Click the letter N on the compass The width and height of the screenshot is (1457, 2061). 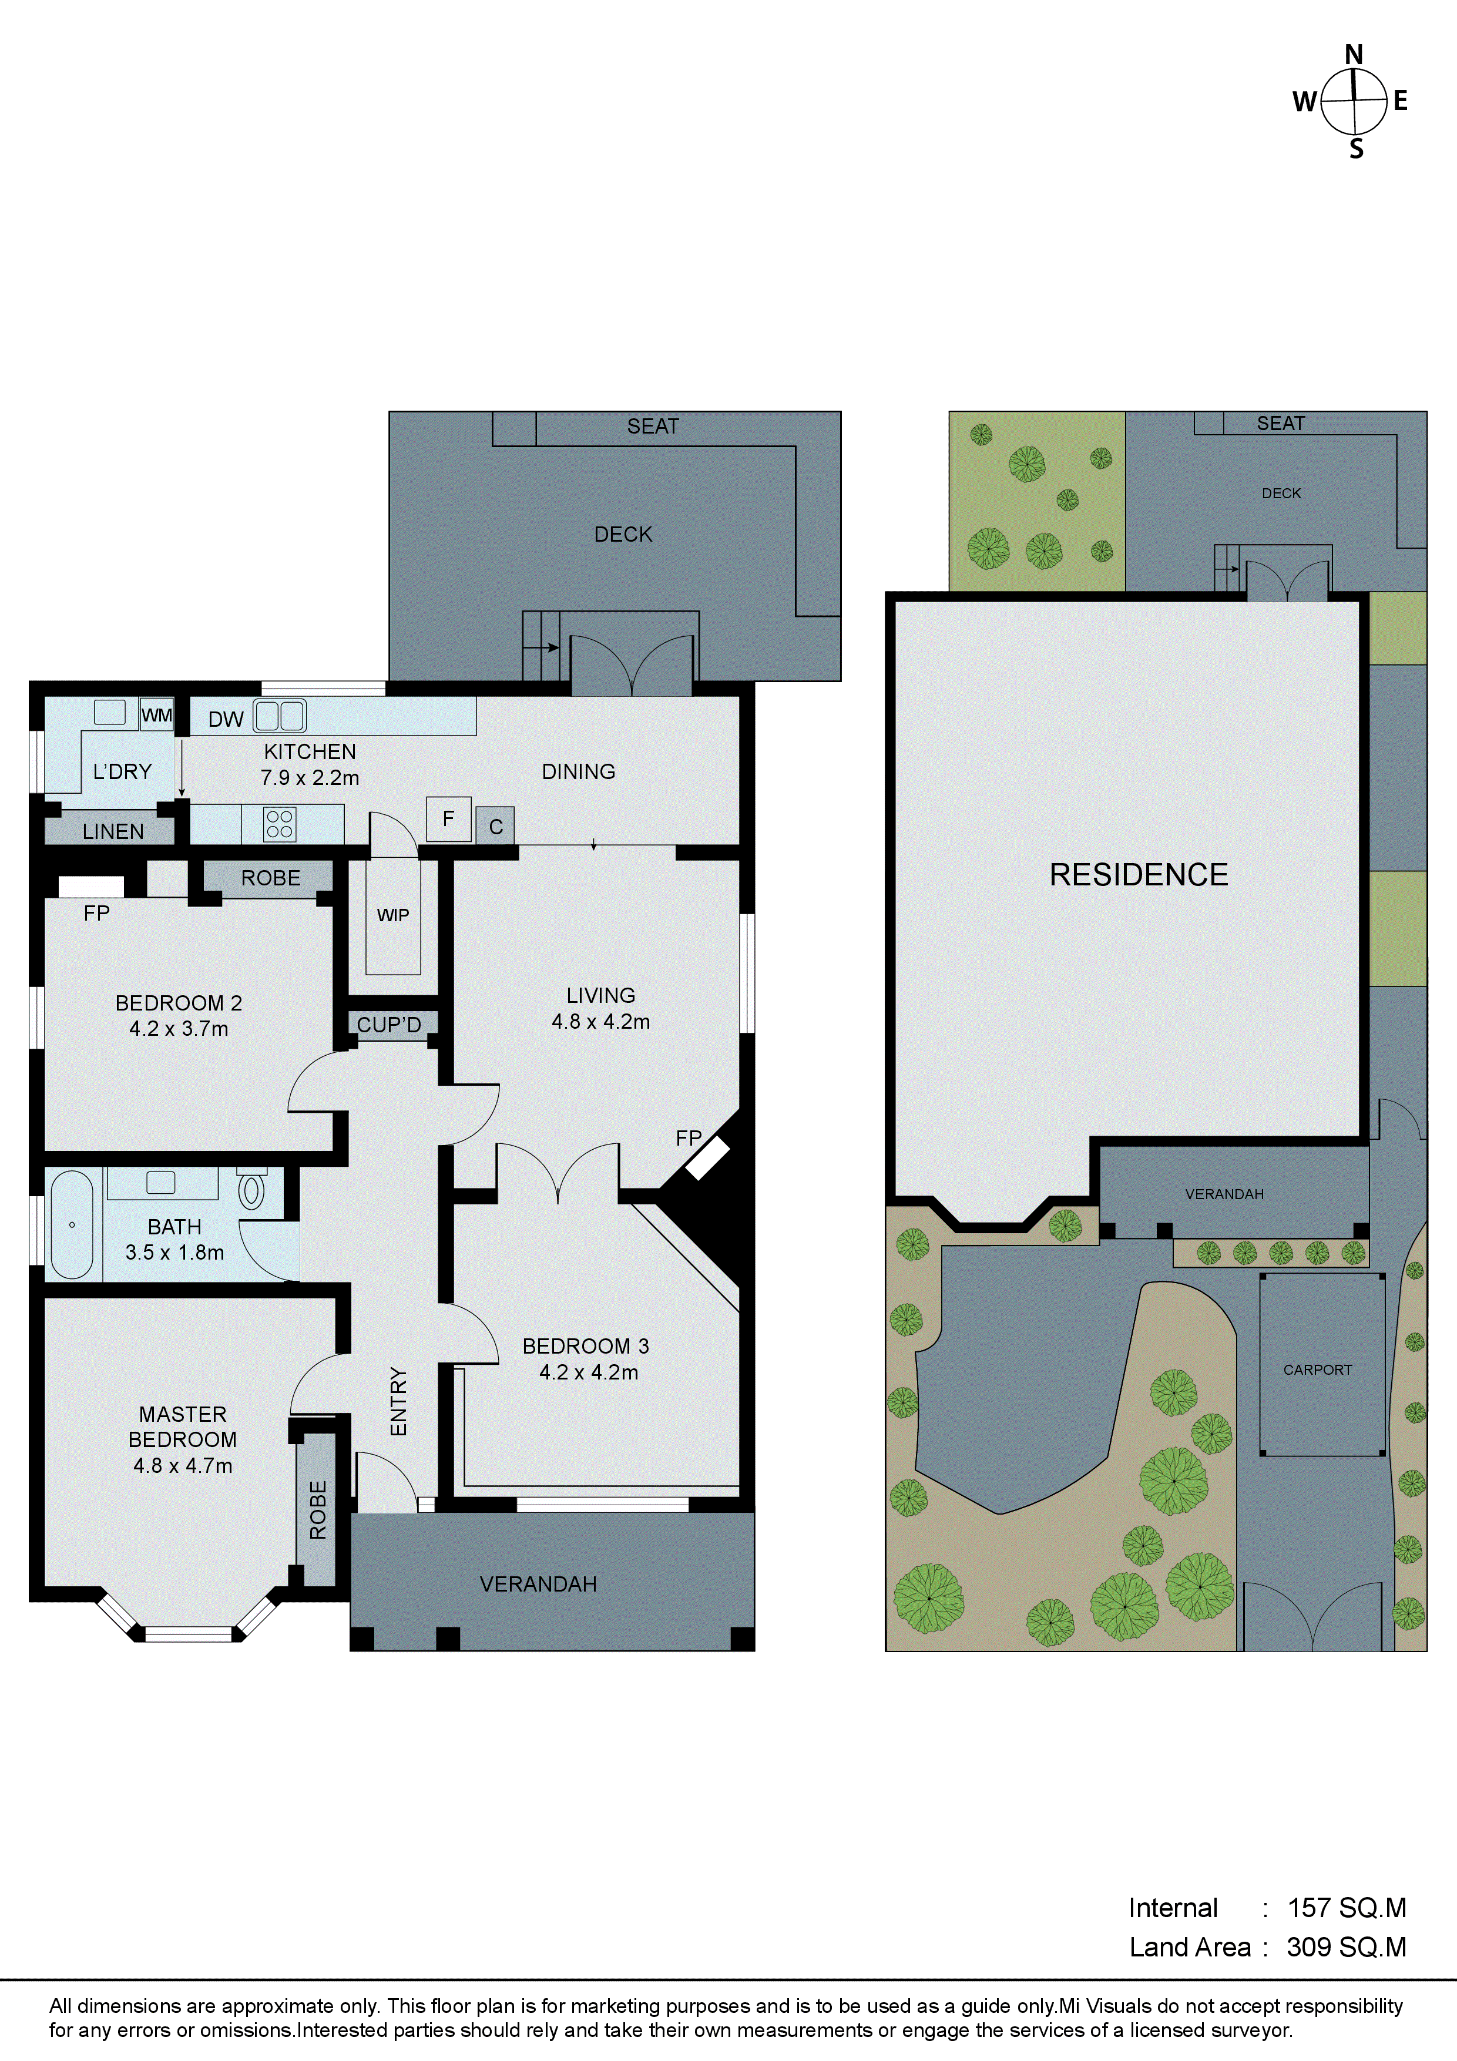point(1354,55)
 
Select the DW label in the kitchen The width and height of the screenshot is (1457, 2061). point(226,719)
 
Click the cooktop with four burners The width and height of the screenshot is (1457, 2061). point(279,824)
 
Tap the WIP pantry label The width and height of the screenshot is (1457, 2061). point(392,915)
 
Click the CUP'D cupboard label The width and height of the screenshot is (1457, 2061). point(389,1024)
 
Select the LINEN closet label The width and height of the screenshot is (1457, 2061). point(113,831)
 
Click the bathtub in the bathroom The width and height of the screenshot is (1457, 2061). point(72,1224)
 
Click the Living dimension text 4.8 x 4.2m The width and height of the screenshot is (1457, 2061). point(600,1022)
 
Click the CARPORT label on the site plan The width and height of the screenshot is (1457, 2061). point(1317,1370)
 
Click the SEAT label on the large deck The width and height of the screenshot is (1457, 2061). point(653,427)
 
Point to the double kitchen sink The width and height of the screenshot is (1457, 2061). point(280,716)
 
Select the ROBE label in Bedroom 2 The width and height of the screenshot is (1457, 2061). point(270,878)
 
